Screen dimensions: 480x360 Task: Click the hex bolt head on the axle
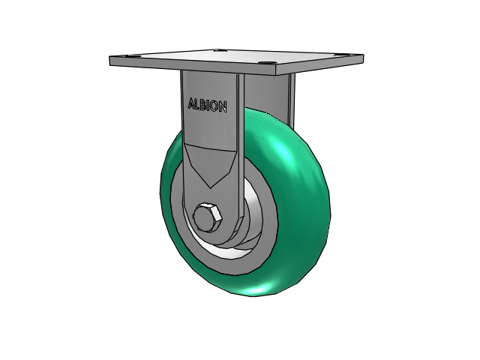pyautogui.click(x=207, y=217)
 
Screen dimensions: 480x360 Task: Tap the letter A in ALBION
pyautogui.click(x=191, y=103)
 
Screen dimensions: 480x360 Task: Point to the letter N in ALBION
pyautogui.click(x=223, y=106)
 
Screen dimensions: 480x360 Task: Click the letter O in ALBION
pyautogui.click(x=215, y=106)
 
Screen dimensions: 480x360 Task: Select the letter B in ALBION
pyautogui.click(x=203, y=105)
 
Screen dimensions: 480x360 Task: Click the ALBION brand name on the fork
pyautogui.click(x=208, y=105)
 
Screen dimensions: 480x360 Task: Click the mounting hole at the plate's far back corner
pyautogui.click(x=220, y=49)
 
